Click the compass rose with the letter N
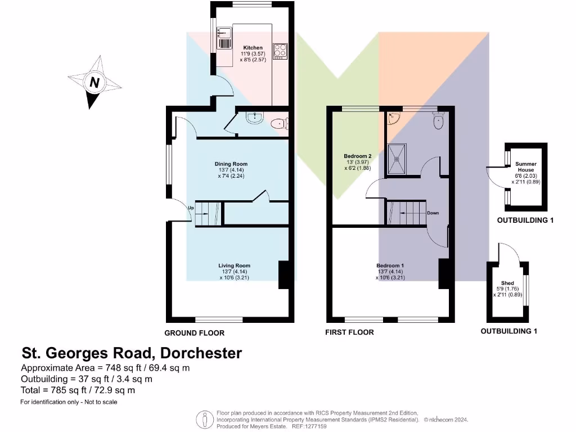click(x=94, y=83)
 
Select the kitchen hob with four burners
click(x=280, y=51)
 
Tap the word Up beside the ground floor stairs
click(x=191, y=208)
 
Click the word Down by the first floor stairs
click(x=433, y=213)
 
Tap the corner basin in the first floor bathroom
click(x=394, y=118)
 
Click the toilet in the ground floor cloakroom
click(x=279, y=124)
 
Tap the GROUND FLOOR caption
click(x=194, y=333)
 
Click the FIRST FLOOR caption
click(x=349, y=332)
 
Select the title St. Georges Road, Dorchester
click(x=132, y=353)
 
